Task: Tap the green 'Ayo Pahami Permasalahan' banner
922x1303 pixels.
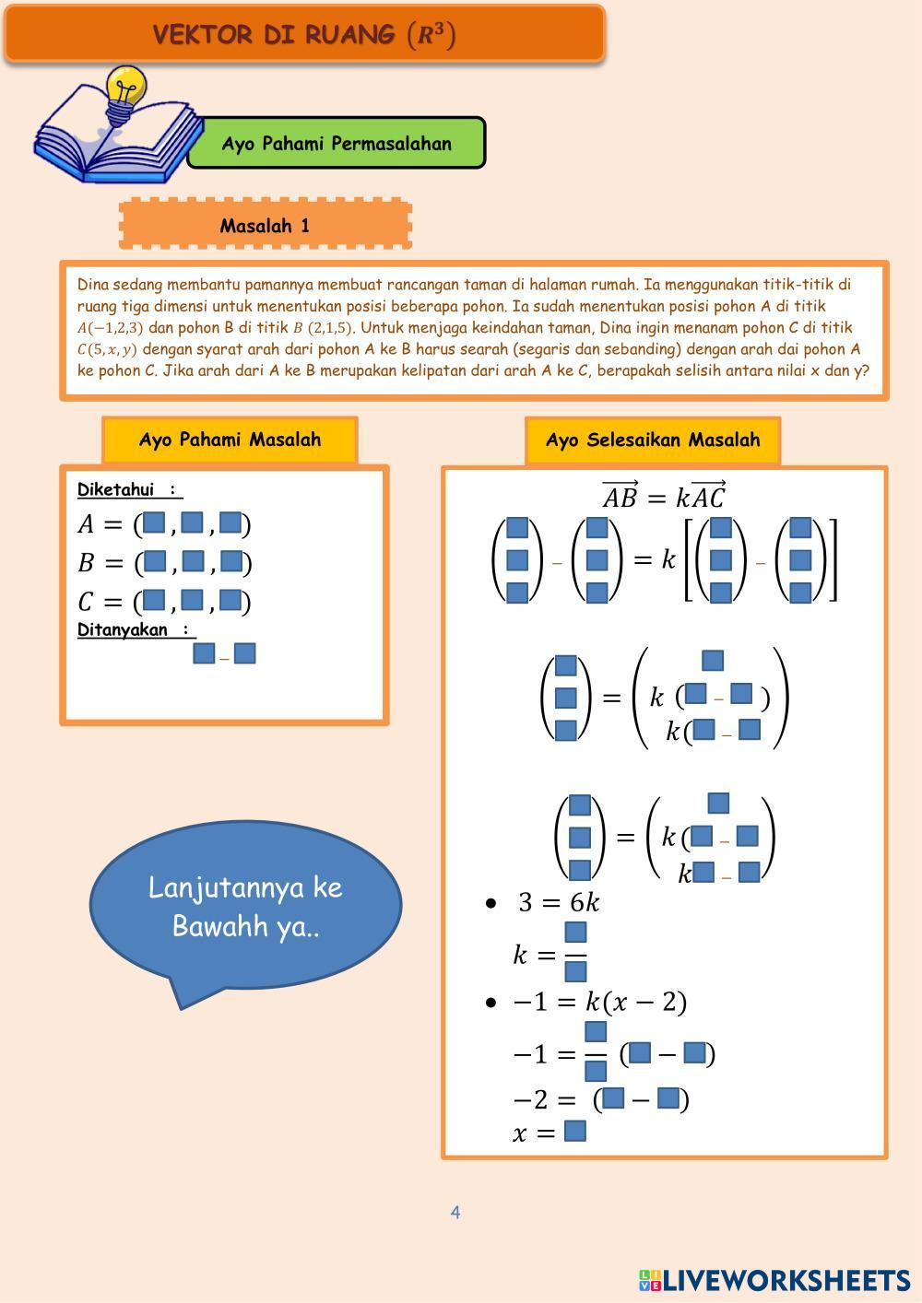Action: (x=337, y=144)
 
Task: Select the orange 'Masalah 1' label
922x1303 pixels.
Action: (x=266, y=225)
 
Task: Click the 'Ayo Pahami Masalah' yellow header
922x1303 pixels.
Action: (x=230, y=440)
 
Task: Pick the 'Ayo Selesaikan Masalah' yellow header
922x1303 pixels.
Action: (x=653, y=440)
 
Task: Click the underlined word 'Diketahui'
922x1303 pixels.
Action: (x=115, y=489)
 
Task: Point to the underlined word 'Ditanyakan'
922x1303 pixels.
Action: (x=123, y=630)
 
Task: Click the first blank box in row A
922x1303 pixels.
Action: (x=155, y=523)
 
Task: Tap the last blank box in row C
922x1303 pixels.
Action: (x=230, y=602)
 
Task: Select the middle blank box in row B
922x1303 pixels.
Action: (x=193, y=561)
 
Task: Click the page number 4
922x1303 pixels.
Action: (x=455, y=1213)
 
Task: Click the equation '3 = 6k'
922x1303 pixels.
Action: (x=559, y=902)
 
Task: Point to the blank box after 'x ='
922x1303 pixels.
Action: (x=575, y=1131)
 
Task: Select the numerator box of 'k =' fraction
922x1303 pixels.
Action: (x=575, y=932)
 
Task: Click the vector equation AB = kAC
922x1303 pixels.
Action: (x=664, y=497)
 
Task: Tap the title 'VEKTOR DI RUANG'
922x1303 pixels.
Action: (x=304, y=35)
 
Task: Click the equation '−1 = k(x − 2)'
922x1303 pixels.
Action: (x=599, y=1002)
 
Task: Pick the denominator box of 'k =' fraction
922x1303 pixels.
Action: (x=575, y=971)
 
